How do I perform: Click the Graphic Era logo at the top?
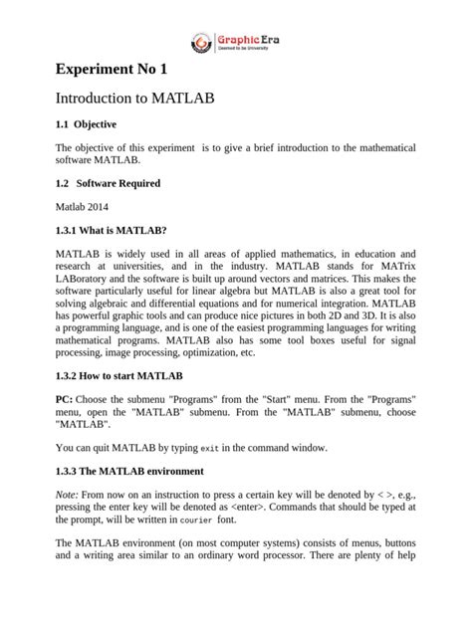(x=236, y=43)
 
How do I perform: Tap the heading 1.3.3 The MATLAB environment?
(x=129, y=470)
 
